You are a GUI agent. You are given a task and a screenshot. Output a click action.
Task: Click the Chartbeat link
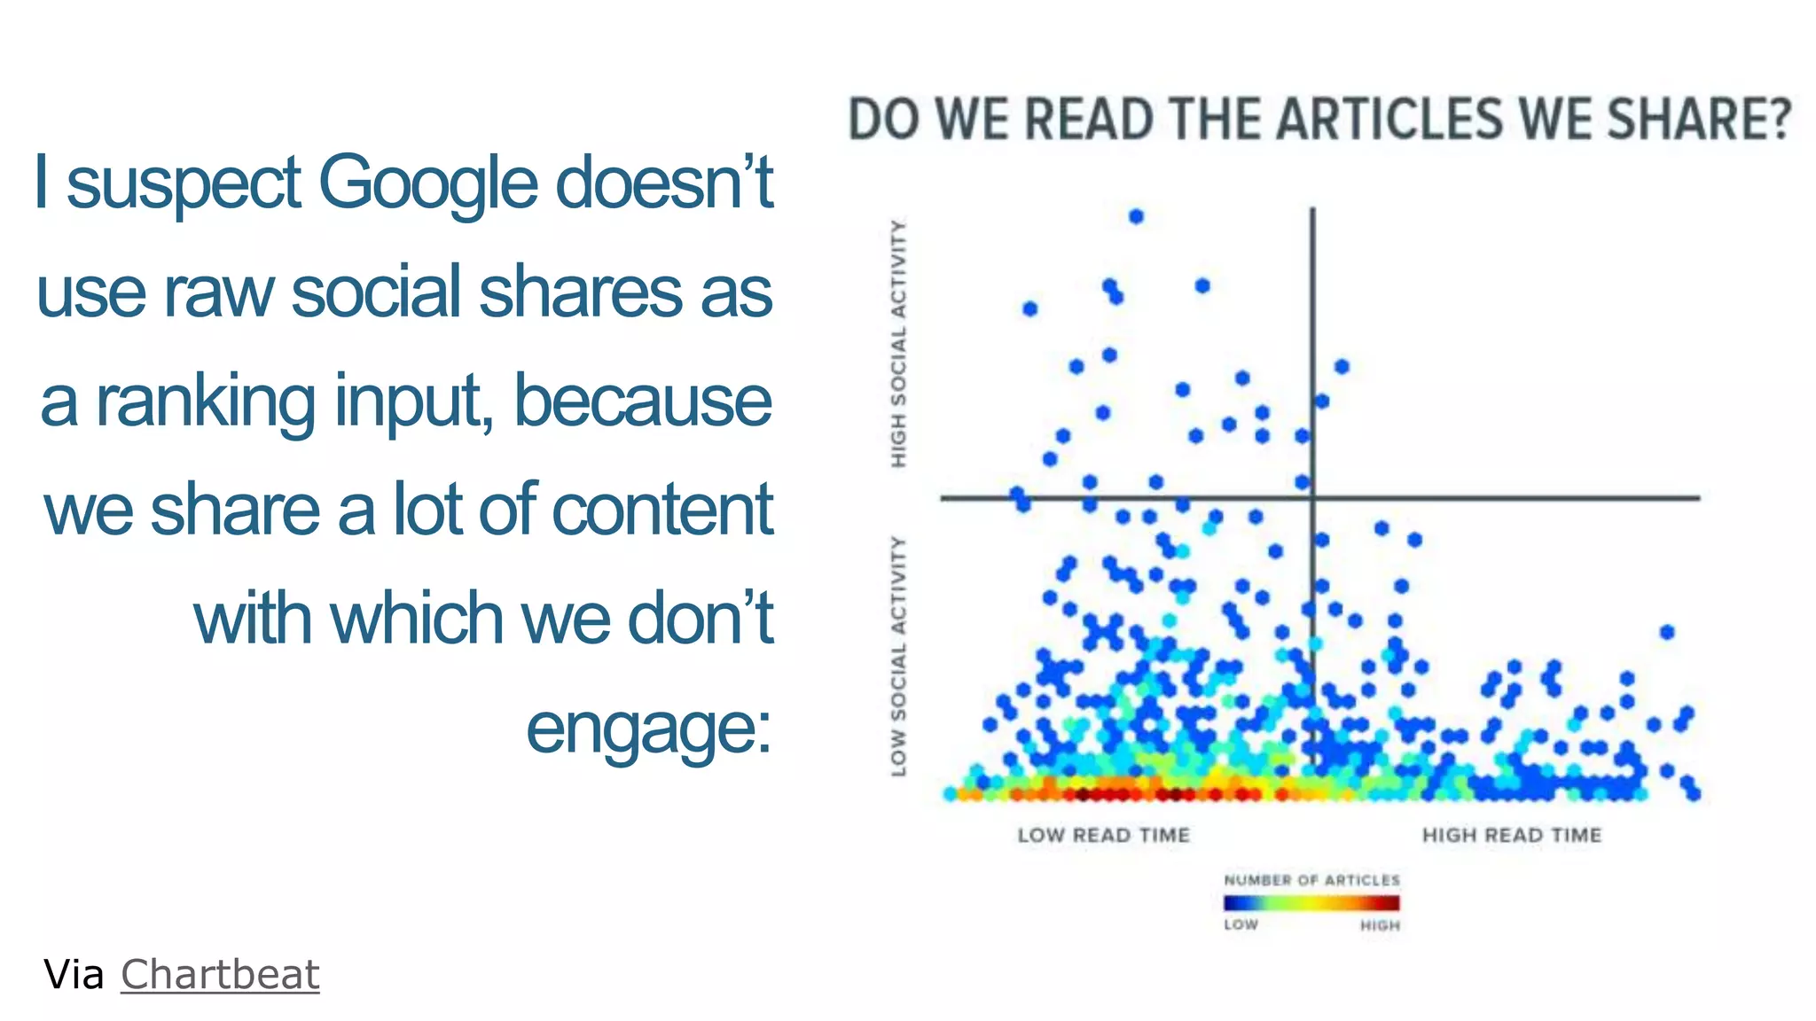click(219, 975)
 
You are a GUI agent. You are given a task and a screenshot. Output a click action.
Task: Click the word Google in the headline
click(427, 183)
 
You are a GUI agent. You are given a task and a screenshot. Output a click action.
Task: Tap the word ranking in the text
click(205, 401)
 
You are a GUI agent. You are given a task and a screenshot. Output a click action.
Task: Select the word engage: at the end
click(649, 729)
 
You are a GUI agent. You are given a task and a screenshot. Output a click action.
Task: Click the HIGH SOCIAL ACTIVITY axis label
click(899, 344)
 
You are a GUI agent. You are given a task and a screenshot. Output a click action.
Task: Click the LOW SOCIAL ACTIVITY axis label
click(899, 656)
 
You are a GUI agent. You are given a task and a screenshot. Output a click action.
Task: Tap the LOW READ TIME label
click(1103, 835)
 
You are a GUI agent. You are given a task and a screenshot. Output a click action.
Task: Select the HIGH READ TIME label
click(1512, 835)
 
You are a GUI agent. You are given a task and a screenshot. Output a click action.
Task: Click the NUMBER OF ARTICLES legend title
click(1311, 880)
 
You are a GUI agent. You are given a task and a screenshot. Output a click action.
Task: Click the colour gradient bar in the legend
click(1311, 903)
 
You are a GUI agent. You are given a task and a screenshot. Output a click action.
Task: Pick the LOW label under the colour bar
click(1241, 924)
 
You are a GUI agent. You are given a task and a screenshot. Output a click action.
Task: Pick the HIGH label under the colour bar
click(1380, 925)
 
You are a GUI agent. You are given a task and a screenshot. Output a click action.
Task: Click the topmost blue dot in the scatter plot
click(1136, 216)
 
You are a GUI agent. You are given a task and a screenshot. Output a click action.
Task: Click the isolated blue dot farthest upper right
click(1667, 632)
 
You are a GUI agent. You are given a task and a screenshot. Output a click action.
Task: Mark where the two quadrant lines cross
click(1313, 498)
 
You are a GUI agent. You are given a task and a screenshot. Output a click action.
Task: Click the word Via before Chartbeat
click(74, 975)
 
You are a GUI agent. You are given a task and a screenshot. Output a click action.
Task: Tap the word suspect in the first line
click(184, 183)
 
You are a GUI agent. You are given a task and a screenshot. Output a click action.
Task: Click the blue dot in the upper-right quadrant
click(1342, 367)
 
